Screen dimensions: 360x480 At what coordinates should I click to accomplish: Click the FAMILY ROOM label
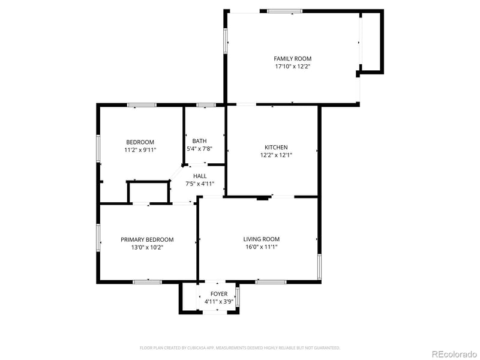(293, 59)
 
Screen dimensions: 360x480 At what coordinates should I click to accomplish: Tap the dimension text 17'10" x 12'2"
(293, 67)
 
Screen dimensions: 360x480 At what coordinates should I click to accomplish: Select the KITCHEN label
(276, 147)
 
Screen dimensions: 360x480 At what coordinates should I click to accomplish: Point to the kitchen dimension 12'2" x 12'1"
(276, 155)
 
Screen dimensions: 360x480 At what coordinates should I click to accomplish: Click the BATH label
(199, 141)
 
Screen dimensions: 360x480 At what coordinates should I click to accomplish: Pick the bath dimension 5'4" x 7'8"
(199, 149)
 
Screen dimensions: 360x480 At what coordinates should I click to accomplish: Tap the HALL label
(200, 176)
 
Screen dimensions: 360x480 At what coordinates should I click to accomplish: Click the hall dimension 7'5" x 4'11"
(200, 184)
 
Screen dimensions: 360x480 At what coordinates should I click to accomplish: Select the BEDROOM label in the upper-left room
(140, 142)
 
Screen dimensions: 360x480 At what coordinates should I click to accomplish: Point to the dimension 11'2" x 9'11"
(140, 150)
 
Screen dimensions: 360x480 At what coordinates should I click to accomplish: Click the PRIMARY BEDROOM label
(147, 239)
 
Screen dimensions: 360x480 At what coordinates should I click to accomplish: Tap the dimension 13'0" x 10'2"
(147, 247)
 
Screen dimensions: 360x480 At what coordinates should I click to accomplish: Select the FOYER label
(218, 293)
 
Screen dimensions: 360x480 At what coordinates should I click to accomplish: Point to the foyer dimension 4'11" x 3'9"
(218, 301)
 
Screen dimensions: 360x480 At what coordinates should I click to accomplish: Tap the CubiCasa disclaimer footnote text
(240, 347)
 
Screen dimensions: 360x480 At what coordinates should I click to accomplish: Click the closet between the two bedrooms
(148, 193)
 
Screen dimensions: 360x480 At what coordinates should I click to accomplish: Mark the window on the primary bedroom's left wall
(99, 236)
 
